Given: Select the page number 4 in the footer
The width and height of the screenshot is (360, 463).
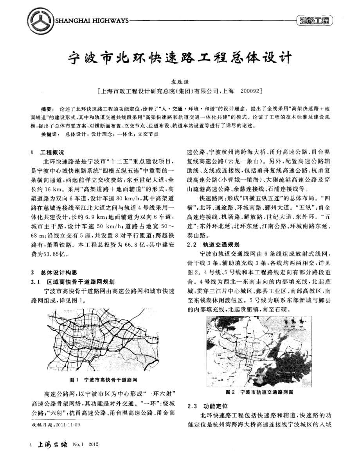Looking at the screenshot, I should (31, 445).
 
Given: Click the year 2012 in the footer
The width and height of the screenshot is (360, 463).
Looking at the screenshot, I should (94, 445).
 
